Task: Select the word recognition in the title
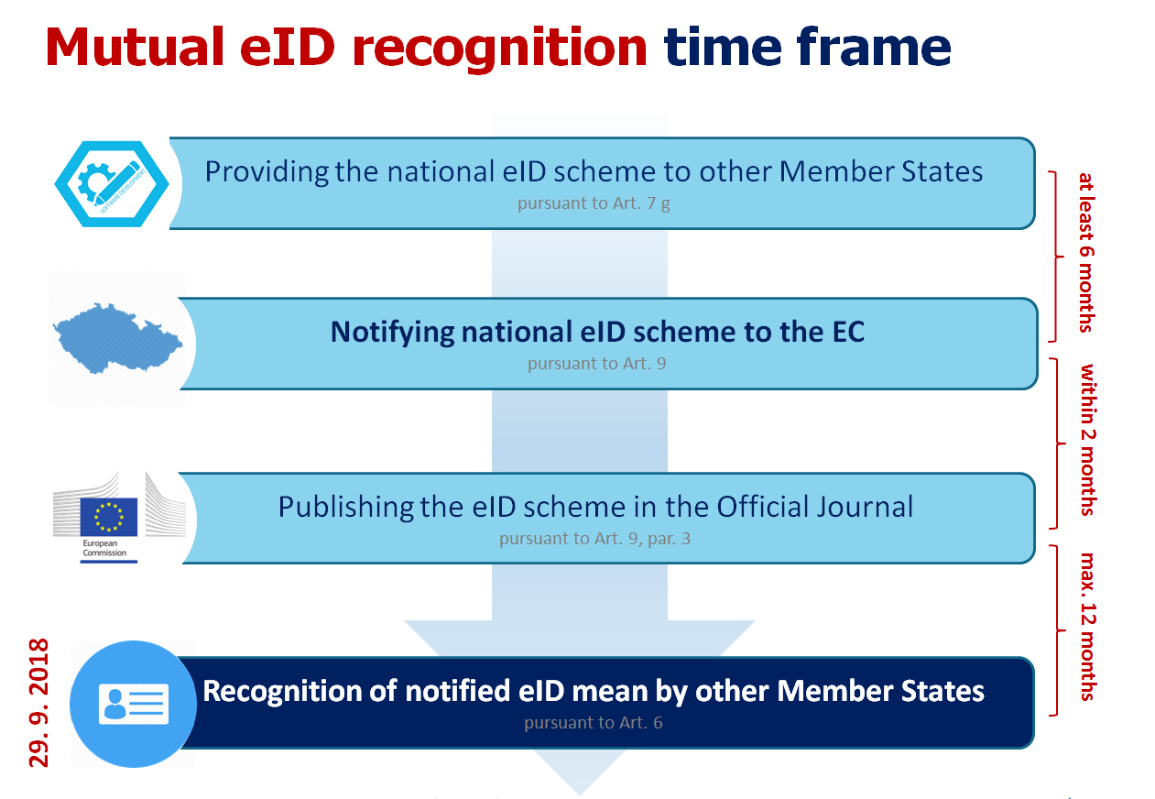[499, 49]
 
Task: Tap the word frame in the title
[874, 47]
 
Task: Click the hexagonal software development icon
[112, 183]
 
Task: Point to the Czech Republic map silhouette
[117, 338]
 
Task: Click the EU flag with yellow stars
[109, 517]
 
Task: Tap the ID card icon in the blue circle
[134, 704]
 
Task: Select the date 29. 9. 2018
[38, 703]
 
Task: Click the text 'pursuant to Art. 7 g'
[594, 203]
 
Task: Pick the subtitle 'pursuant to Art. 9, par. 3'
[594, 539]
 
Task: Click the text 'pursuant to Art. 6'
[594, 723]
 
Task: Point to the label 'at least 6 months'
[1086, 253]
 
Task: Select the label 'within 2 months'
[1087, 440]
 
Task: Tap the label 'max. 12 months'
[1087, 627]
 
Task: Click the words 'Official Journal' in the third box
[814, 507]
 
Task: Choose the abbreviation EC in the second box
[848, 332]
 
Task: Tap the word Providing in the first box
[267, 172]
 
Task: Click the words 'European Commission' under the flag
[104, 548]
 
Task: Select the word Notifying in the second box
[392, 333]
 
